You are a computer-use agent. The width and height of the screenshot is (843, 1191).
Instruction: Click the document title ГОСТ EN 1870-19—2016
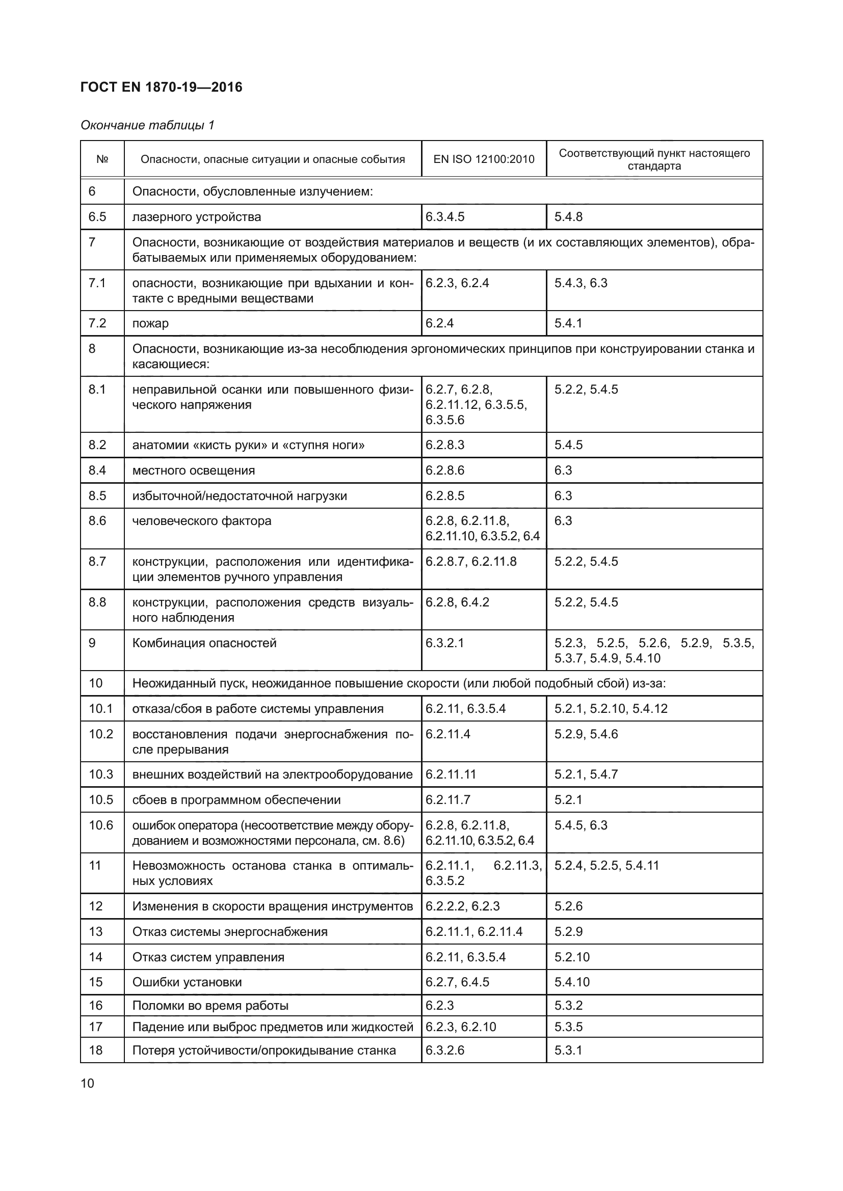(162, 87)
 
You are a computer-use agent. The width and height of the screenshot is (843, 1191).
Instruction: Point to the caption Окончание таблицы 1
(147, 125)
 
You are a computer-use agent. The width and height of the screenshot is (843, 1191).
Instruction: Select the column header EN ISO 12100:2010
(483, 159)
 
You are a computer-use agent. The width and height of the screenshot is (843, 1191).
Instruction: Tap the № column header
(102, 159)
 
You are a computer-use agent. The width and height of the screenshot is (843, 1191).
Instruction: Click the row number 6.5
(97, 217)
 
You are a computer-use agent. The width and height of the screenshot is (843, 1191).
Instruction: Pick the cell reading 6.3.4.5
(445, 217)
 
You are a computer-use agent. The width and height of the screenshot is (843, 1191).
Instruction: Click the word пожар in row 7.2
(150, 323)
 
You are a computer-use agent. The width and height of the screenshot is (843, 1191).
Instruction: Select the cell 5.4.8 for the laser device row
(568, 217)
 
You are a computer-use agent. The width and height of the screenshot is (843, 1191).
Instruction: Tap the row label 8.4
(97, 470)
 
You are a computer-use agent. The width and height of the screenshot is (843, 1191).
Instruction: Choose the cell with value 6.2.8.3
(445, 445)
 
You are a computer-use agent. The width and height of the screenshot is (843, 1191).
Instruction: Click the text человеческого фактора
(202, 521)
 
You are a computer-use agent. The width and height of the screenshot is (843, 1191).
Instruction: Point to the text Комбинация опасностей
(204, 643)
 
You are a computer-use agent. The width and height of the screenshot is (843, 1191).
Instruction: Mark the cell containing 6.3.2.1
(445, 643)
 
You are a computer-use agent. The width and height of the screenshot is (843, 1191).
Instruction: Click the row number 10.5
(101, 800)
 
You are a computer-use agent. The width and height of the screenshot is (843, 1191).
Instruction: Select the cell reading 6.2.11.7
(448, 800)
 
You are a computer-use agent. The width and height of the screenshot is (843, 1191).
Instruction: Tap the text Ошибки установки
(187, 982)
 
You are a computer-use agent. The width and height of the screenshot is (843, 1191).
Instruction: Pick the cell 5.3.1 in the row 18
(568, 1050)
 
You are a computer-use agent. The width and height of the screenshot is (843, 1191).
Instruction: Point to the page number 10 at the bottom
(88, 1083)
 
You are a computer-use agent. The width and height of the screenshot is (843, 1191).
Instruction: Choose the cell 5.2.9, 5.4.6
(586, 734)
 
